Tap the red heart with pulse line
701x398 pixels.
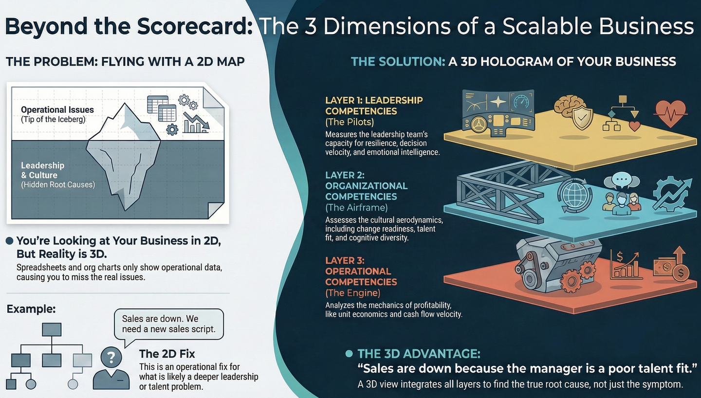pyautogui.click(x=670, y=113)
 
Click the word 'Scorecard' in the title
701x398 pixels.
pyautogui.click(x=195, y=27)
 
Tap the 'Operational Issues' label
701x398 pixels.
pyautogui.click(x=57, y=109)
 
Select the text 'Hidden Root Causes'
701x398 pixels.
pyautogui.click(x=58, y=184)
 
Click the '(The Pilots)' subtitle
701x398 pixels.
pyautogui.click(x=349, y=122)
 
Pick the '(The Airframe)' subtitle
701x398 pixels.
pyautogui.click(x=356, y=208)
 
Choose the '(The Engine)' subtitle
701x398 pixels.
pyautogui.click(x=353, y=293)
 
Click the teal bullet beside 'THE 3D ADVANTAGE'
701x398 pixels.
pyautogui.click(x=349, y=354)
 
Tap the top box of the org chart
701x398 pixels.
pyautogui.click(x=51, y=329)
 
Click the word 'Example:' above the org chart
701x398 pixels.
pyautogui.click(x=31, y=308)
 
